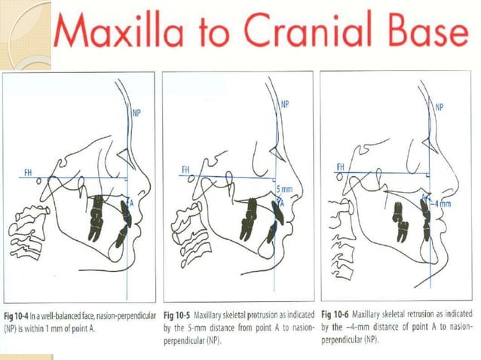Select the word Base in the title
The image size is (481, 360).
coord(428,29)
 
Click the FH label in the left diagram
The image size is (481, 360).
coord(28,173)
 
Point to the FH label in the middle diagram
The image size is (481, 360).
coord(185,169)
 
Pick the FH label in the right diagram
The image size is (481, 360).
coord(341,167)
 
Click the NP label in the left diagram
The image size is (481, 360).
coord(136,113)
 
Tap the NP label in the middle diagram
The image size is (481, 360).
coord(285,105)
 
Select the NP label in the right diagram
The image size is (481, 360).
coord(440,107)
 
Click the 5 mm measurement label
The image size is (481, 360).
coord(284,189)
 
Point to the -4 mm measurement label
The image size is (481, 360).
coord(441,203)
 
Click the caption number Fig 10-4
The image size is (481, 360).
coord(17,316)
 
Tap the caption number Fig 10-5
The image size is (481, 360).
coord(177,315)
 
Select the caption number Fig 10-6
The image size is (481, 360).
coord(335,314)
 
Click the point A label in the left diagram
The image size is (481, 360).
coord(131,203)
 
